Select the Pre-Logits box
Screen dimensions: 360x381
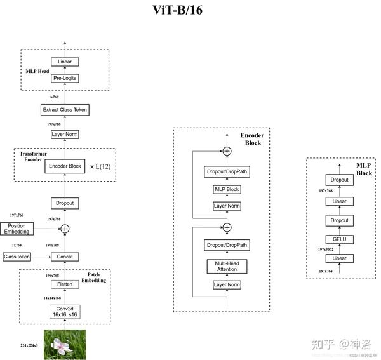64,78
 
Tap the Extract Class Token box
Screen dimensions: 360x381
64,110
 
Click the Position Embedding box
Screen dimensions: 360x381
17,229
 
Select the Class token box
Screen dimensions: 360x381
17,257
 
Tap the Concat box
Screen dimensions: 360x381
64,257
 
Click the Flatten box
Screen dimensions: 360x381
64,284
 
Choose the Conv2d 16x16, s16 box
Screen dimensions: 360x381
64,312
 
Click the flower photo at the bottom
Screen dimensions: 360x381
64,344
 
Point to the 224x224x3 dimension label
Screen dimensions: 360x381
29,345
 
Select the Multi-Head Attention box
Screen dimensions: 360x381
227,266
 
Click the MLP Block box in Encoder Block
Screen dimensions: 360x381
227,189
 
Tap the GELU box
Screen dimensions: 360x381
340,239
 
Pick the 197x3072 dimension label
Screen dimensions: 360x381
326,250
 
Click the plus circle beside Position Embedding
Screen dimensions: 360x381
64,229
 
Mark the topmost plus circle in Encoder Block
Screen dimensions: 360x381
227,151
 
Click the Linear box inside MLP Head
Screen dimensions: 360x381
64,62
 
